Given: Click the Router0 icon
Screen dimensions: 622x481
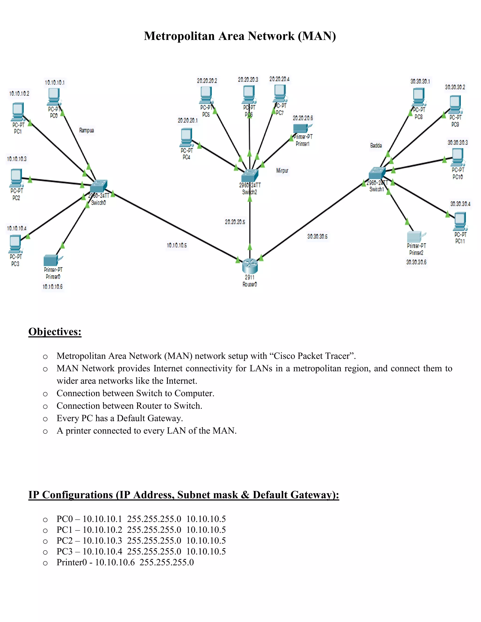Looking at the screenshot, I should [x=250, y=265].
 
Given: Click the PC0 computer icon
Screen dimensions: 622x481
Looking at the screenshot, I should [x=54, y=96].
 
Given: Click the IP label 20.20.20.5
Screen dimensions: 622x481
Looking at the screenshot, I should [x=235, y=222].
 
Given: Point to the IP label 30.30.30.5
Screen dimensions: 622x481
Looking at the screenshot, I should [x=317, y=236].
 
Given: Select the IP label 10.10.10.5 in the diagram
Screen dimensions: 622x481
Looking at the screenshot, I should [x=177, y=245].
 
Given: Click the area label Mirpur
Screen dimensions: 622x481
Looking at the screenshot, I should [x=282, y=171].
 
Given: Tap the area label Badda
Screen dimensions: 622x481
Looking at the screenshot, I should [x=376, y=146].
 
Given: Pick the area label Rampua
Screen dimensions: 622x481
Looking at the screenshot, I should [x=86, y=131].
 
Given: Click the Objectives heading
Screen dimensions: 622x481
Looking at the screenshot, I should [x=55, y=332].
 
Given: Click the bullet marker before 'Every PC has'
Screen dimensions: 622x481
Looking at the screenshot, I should [x=45, y=419].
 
